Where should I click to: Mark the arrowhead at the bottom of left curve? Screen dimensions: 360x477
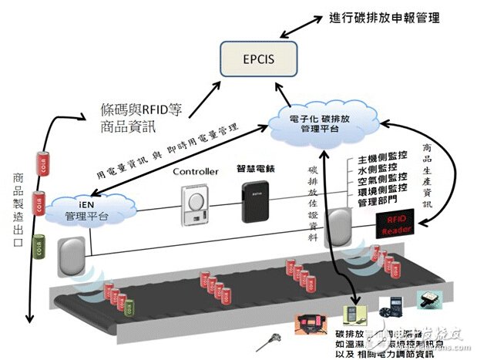(27, 320)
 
